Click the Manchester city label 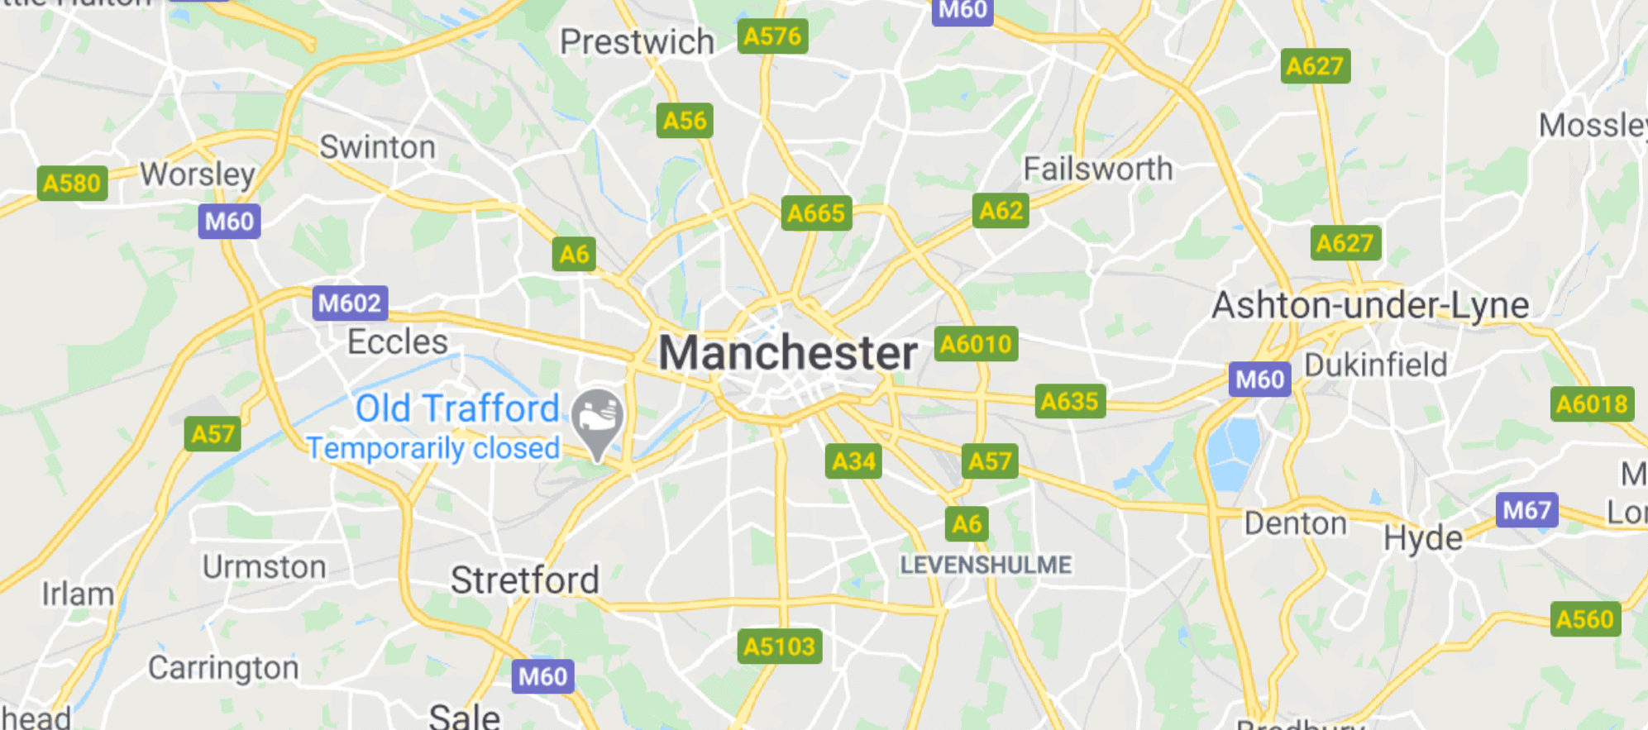tap(788, 353)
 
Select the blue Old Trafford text tap(457, 408)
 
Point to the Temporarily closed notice tap(433, 448)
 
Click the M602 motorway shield tap(350, 303)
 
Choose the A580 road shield tap(72, 183)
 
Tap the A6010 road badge tap(976, 344)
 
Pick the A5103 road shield tap(779, 647)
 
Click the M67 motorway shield tap(1526, 510)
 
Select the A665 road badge tap(816, 213)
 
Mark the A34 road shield tap(853, 461)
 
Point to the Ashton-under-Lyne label tap(1370, 305)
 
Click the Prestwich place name tap(637, 41)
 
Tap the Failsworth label tap(1098, 169)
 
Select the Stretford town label tap(524, 580)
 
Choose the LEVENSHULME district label tap(986, 565)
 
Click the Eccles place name tap(397, 341)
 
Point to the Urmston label tap(265, 567)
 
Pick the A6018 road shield tap(1592, 404)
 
